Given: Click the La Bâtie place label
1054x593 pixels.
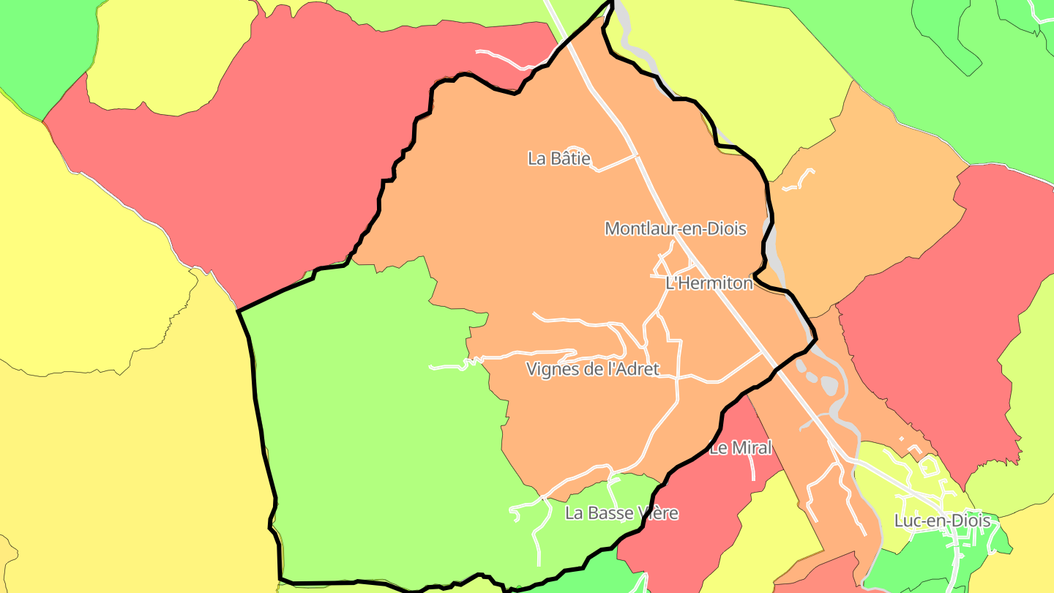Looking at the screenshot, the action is pos(558,158).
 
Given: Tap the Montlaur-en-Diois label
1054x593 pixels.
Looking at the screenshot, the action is pos(675,228).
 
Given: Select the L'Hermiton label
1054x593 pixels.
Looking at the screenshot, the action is pos(709,283).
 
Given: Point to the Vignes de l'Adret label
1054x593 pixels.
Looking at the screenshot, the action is pos(592,369).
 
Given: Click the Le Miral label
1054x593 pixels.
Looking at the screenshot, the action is pos(740,448).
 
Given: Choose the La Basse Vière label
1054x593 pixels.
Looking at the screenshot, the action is pos(621,513).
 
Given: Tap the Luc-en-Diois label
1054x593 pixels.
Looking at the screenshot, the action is pos(942,521).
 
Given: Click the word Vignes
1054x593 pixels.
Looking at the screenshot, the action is pos(550,369).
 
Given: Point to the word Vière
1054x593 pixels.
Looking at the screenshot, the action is pos(658,513).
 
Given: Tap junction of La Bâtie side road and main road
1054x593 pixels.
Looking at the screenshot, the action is pos(636,155).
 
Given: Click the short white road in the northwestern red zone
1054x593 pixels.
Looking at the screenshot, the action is pos(505,59).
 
